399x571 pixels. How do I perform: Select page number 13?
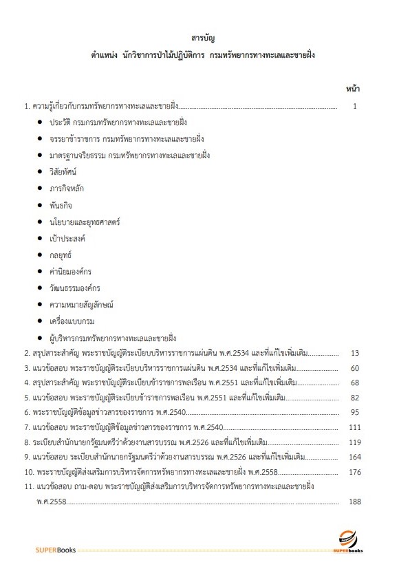355,353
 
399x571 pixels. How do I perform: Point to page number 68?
355,383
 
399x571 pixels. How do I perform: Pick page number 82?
355,398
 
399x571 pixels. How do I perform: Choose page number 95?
355,412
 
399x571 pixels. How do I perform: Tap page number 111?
355,427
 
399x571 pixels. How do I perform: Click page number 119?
355,442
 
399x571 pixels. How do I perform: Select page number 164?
355,456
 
